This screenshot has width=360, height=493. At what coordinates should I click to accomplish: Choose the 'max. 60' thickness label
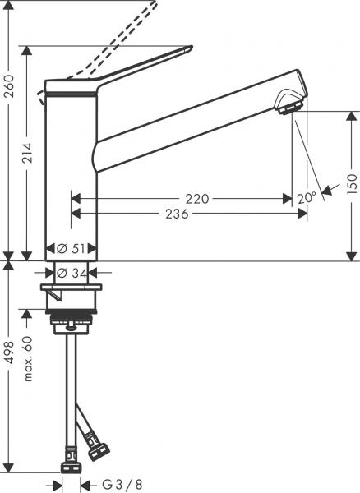29,361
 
